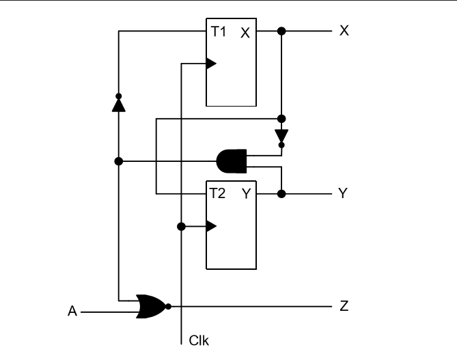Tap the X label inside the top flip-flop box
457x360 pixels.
[x=245, y=33]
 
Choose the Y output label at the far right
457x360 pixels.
[x=344, y=194]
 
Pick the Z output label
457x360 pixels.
[x=344, y=306]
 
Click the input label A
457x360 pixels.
[x=72, y=312]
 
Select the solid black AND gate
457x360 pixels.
[x=230, y=162]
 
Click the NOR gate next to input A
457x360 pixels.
[x=151, y=306]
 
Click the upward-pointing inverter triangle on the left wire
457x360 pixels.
[x=118, y=105]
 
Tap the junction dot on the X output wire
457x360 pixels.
[x=281, y=31]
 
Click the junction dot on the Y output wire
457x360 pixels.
[x=281, y=194]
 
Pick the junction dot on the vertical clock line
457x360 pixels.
[x=181, y=226]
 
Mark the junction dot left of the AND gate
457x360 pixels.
[x=118, y=162]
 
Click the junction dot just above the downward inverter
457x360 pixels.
[x=281, y=119]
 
